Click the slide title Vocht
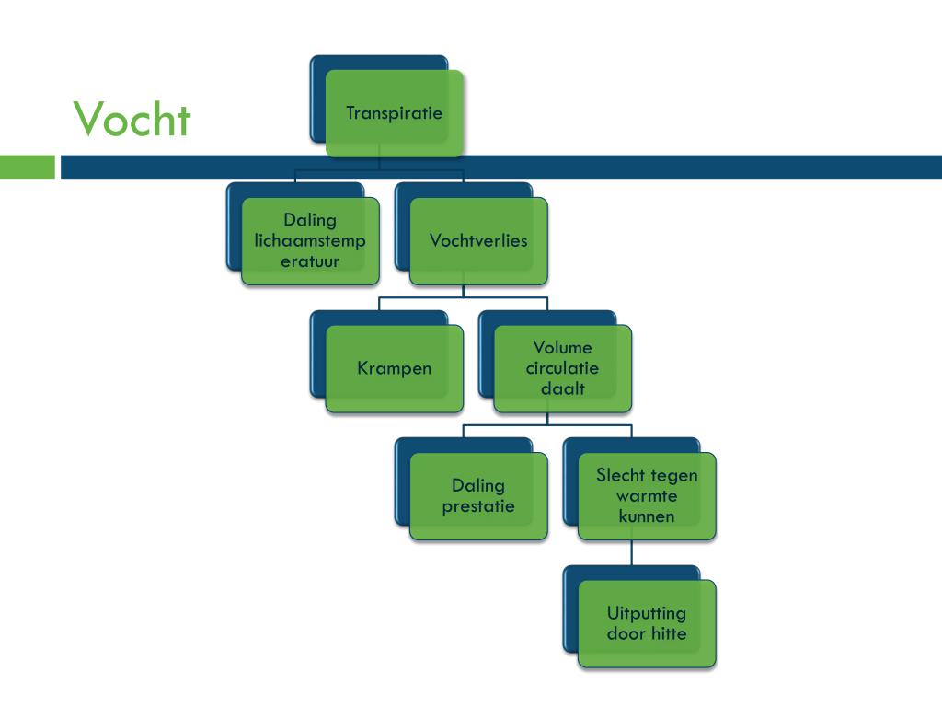click(x=132, y=119)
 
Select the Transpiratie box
click(x=394, y=113)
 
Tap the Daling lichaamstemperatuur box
click(x=310, y=240)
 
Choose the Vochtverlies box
click(x=478, y=241)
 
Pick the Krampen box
click(x=394, y=368)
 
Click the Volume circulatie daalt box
click(x=562, y=368)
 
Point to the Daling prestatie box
click(x=478, y=496)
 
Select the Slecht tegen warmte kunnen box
click(x=647, y=496)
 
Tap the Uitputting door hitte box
click(x=647, y=623)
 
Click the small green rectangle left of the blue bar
click(x=28, y=167)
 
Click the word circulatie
click(x=562, y=368)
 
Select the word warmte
click(x=647, y=496)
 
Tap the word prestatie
click(x=478, y=506)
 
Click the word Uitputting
click(x=647, y=613)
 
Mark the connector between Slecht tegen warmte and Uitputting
click(x=632, y=552)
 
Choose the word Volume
click(x=562, y=348)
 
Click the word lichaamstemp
click(x=310, y=240)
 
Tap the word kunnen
click(x=647, y=516)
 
